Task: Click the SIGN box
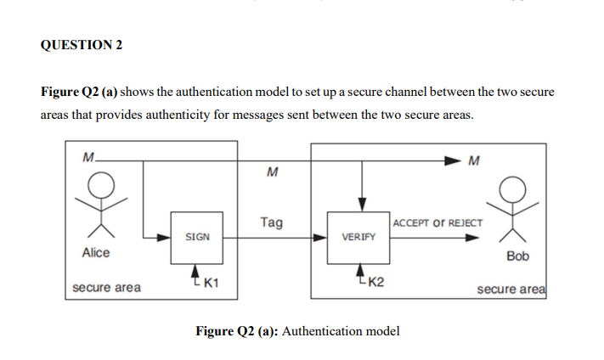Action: pyautogui.click(x=197, y=238)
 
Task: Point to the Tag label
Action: pyautogui.click(x=272, y=222)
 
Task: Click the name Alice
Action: pyautogui.click(x=96, y=253)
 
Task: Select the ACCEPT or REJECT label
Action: pyautogui.click(x=437, y=223)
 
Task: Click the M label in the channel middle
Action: pyautogui.click(x=272, y=173)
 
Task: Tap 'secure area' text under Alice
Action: pyautogui.click(x=107, y=288)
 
